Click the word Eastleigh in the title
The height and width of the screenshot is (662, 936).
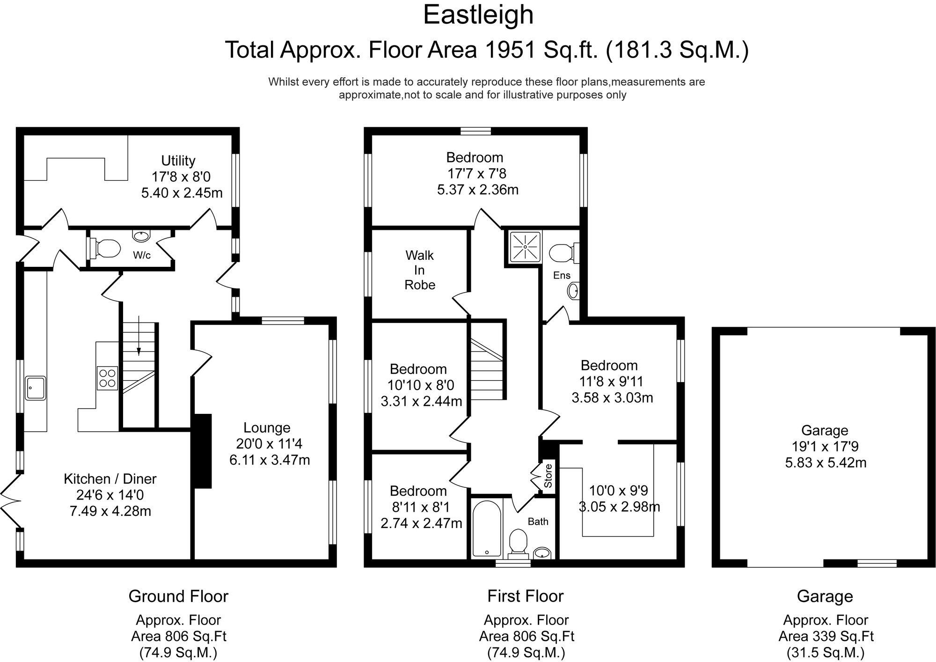point(478,15)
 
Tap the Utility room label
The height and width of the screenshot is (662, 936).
point(178,161)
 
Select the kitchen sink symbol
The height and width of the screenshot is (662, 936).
point(36,388)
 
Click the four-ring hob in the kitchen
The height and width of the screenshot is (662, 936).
point(107,378)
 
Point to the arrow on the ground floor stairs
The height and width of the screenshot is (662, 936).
point(139,336)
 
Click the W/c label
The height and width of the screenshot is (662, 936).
point(142,255)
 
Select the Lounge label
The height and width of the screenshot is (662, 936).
point(267,427)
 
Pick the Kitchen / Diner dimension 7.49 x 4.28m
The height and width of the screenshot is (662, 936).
point(110,511)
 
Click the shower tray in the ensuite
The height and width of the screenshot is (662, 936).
point(525,246)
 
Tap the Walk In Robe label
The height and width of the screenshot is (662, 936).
point(419,270)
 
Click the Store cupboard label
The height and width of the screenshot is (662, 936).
point(548,476)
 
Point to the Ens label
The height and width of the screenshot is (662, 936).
point(562,275)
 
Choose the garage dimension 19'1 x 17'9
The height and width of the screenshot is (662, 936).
point(826,447)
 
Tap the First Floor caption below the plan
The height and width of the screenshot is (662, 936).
point(525,596)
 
